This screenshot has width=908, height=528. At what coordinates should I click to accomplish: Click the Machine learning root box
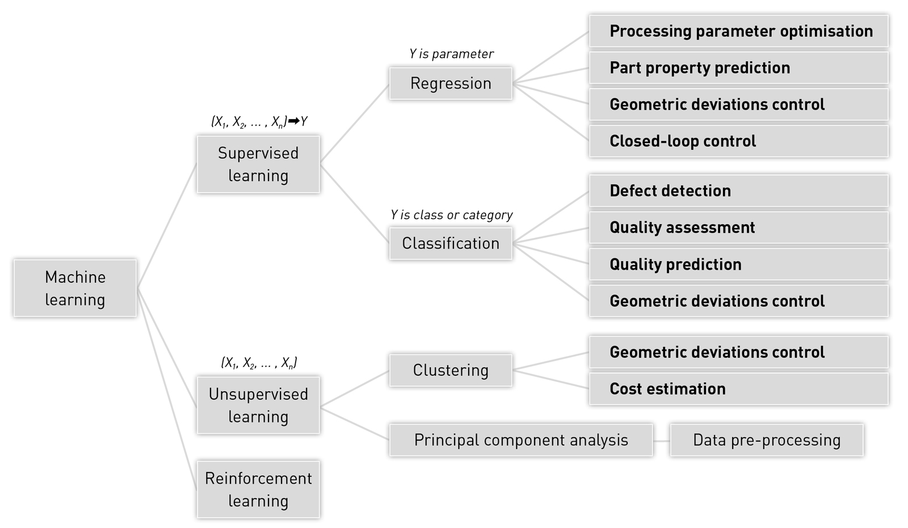tap(75, 288)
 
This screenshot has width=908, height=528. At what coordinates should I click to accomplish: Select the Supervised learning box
tap(258, 164)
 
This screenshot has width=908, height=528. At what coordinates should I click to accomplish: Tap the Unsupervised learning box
tap(258, 405)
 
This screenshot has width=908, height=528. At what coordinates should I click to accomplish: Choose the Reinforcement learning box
tap(258, 489)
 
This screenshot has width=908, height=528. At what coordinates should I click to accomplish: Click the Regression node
tap(451, 83)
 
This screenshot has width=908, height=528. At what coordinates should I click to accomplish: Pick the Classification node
tap(451, 244)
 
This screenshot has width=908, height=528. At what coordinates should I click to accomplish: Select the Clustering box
tap(451, 370)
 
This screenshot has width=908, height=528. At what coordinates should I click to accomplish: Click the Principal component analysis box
tap(521, 440)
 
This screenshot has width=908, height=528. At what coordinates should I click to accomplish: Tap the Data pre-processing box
tap(766, 440)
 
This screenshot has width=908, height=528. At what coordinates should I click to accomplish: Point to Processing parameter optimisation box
tap(738, 31)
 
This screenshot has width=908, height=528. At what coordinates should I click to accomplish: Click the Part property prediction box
tap(738, 68)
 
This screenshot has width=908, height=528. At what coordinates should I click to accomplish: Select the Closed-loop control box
tap(738, 141)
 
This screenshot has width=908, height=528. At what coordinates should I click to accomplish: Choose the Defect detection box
tap(738, 191)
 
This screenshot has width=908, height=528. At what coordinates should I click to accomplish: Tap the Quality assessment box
tap(738, 228)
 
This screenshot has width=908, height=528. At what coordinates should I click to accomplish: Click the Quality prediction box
tap(738, 265)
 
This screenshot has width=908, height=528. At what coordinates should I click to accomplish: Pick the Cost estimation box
tap(738, 389)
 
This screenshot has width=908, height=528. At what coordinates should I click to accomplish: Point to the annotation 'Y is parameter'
tap(451, 54)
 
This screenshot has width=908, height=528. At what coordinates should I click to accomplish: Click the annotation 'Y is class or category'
tap(451, 215)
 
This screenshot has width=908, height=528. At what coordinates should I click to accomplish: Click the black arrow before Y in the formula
tap(293, 121)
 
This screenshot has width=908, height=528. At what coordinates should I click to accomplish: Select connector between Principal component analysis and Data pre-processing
tap(661, 441)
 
